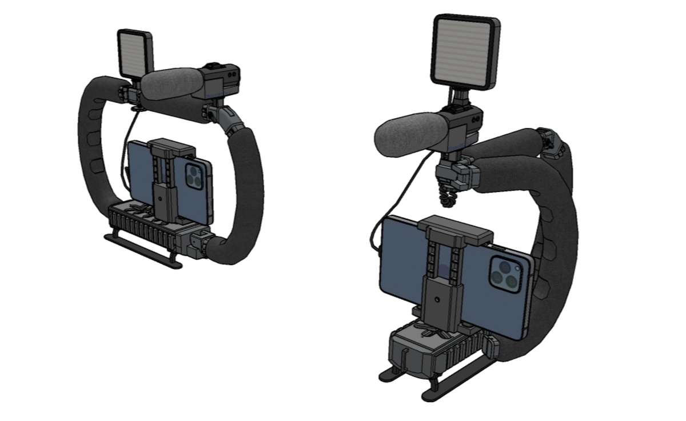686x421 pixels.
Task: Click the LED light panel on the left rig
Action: (x=135, y=52)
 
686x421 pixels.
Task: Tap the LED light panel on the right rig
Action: (x=465, y=52)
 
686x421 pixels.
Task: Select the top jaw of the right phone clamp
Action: (x=456, y=228)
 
